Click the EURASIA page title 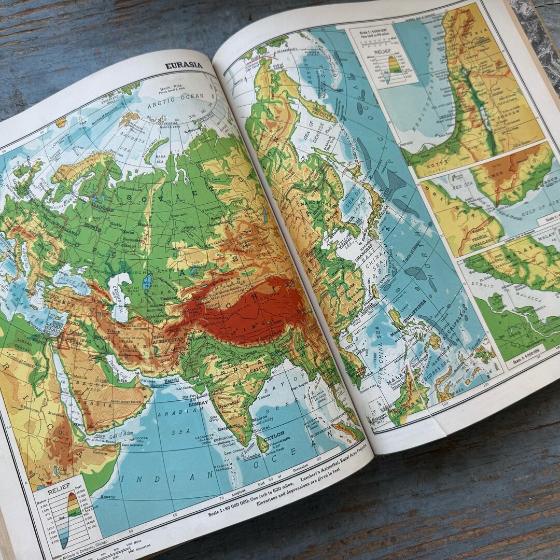[x=184, y=65]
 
